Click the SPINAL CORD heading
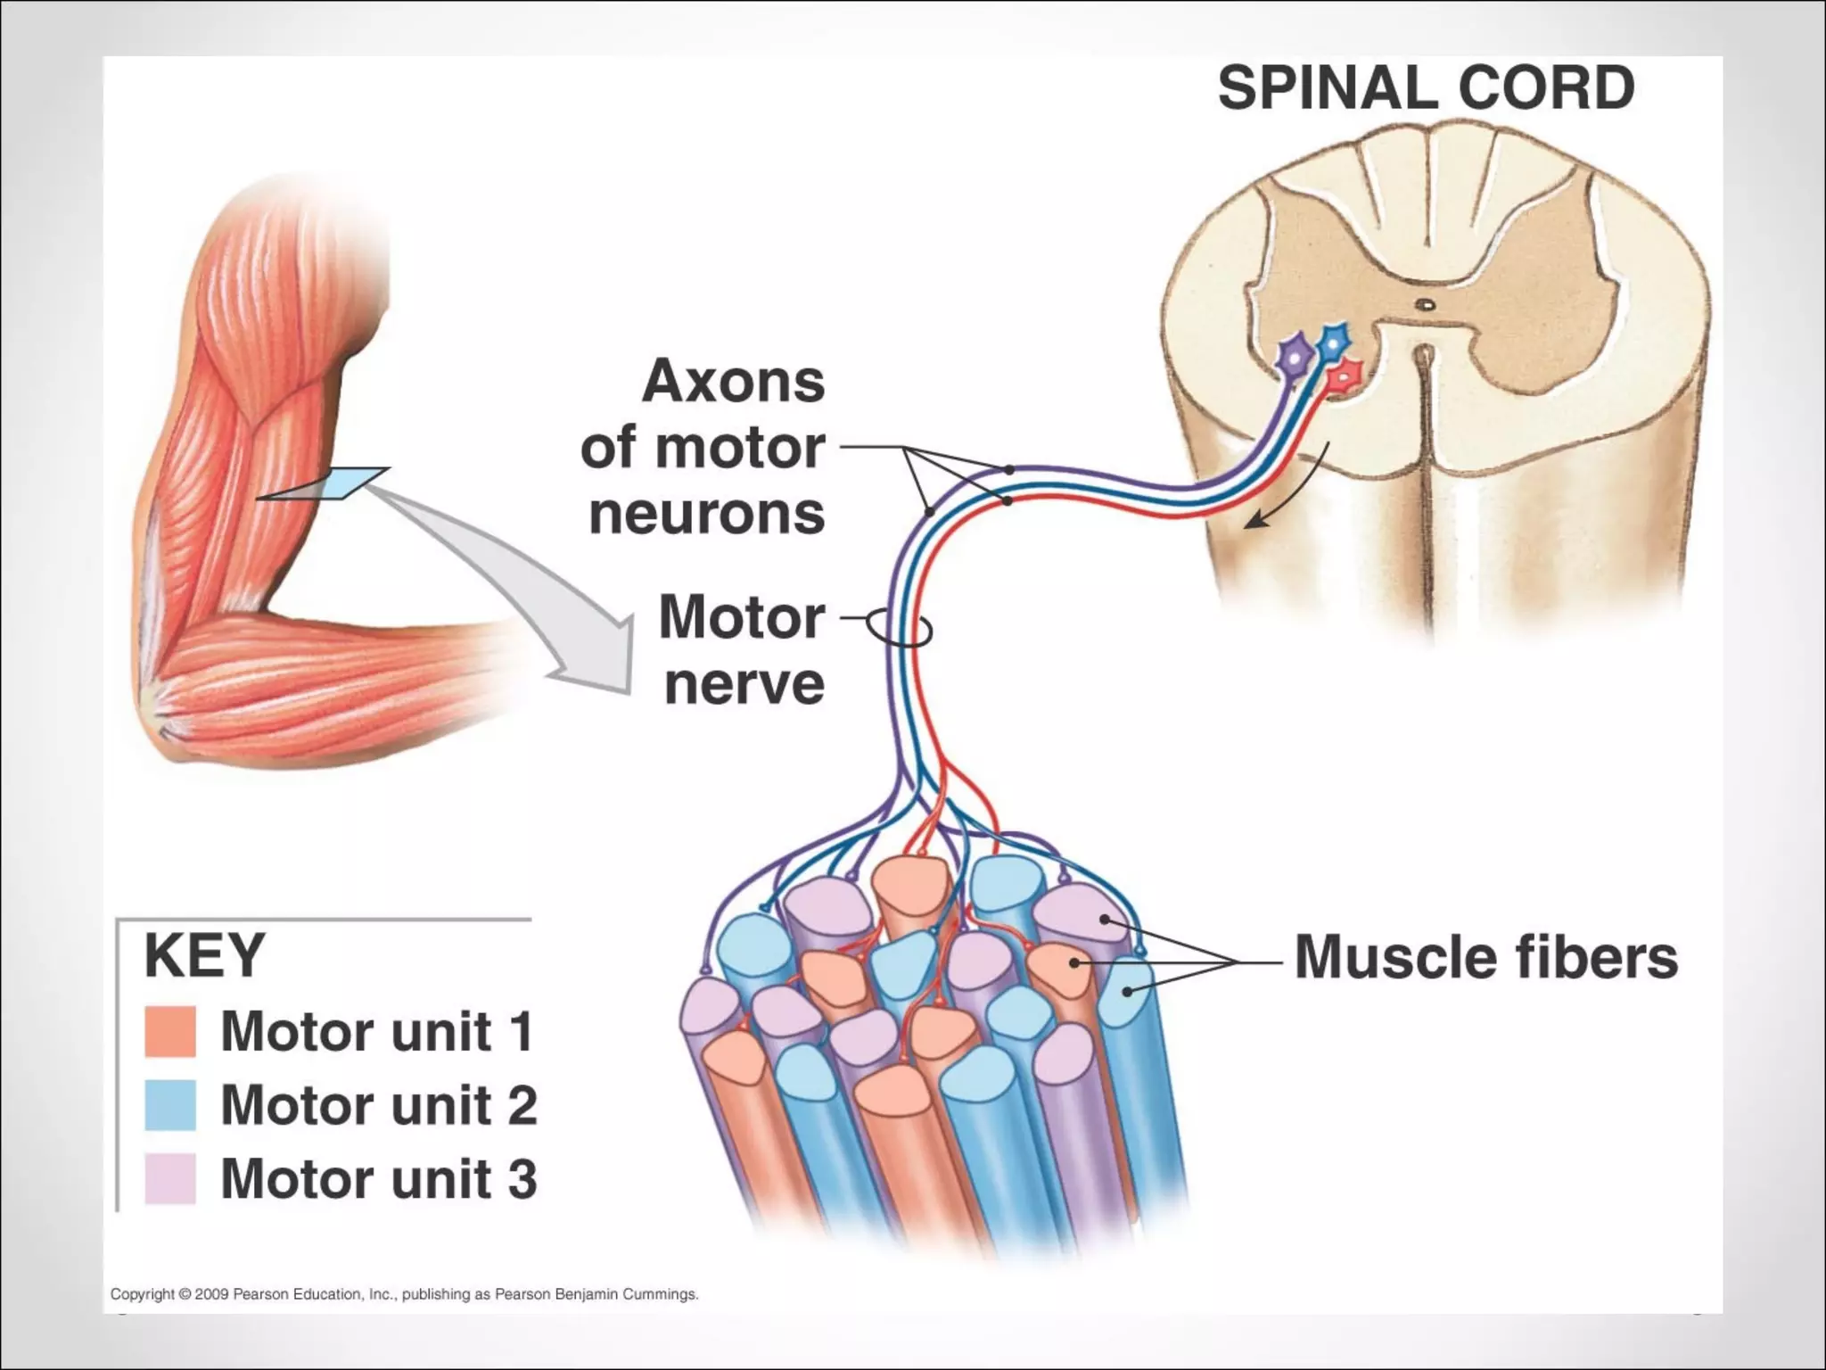(x=1426, y=88)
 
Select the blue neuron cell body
(x=1332, y=341)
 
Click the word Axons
(x=733, y=382)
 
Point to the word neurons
(x=707, y=515)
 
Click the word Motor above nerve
(x=742, y=617)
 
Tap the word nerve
(x=744, y=684)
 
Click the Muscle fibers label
(x=1485, y=957)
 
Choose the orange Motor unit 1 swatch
(x=170, y=1032)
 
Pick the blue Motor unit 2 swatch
(x=170, y=1105)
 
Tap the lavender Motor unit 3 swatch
(x=170, y=1178)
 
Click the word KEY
(x=204, y=955)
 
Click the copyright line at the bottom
(x=404, y=1294)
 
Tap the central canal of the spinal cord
(x=1426, y=304)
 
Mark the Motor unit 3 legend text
(x=379, y=1178)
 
